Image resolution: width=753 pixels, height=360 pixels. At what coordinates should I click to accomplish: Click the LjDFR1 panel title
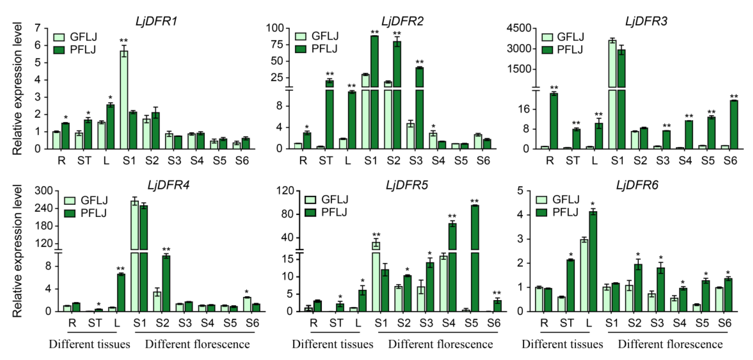156,21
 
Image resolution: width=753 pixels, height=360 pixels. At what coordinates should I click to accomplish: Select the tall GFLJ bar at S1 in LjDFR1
124,99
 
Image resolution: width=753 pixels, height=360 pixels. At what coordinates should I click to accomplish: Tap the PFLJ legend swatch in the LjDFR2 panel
300,49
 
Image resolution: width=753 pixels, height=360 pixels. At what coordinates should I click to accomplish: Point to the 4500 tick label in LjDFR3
519,28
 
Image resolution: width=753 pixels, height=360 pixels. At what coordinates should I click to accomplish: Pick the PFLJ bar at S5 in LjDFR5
475,257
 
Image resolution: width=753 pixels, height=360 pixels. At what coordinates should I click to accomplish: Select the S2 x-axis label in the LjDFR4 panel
162,323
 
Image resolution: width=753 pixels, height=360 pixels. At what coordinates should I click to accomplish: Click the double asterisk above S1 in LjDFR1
124,40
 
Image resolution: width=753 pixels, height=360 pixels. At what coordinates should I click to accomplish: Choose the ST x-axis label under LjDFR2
326,160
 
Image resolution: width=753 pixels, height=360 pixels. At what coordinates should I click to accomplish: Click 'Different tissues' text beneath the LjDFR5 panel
332,344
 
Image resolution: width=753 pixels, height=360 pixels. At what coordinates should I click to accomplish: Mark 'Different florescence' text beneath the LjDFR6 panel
670,344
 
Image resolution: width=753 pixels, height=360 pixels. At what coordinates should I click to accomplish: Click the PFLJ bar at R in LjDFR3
554,121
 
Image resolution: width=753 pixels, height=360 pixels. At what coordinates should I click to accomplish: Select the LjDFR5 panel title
407,185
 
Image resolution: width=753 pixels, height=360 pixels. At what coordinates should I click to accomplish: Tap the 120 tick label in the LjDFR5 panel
285,191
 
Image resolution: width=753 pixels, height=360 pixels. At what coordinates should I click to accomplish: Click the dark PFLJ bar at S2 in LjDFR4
166,283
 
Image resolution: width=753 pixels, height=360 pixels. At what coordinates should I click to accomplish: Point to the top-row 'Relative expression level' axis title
17,88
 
